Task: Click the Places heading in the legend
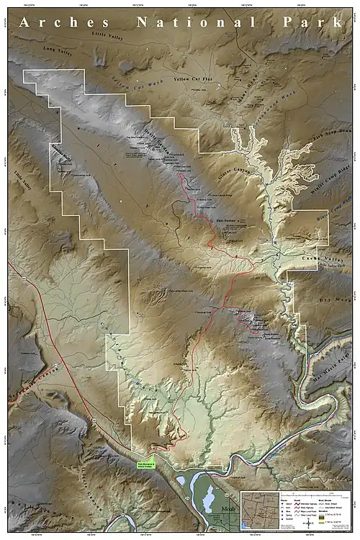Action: pyautogui.click(x=248, y=497)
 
